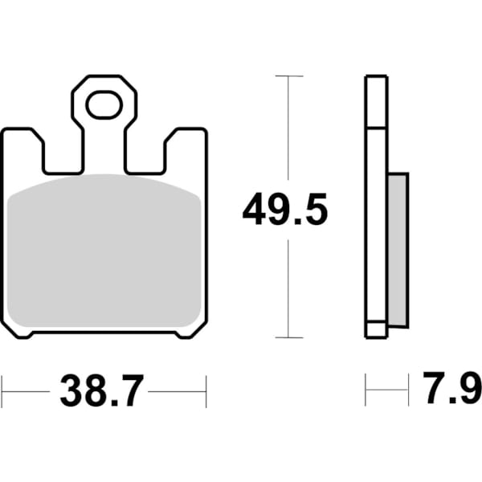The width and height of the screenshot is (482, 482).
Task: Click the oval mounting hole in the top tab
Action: click(x=104, y=104)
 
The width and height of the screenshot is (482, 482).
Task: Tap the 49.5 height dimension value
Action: click(x=285, y=211)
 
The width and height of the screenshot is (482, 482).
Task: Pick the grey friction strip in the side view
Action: click(x=398, y=249)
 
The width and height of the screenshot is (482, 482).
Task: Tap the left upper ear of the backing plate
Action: click(x=22, y=149)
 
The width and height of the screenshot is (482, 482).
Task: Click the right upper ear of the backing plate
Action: click(x=186, y=149)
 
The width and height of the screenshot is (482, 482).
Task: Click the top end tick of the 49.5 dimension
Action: click(x=288, y=76)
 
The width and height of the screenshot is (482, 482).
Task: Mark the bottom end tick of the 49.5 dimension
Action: click(x=288, y=337)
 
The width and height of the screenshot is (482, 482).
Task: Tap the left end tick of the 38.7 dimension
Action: click(x=2, y=391)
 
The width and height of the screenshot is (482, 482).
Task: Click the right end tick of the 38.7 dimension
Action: click(x=206, y=391)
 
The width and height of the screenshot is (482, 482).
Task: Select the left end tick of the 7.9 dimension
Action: click(x=366, y=391)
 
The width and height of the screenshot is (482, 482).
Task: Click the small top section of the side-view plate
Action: click(x=376, y=102)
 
